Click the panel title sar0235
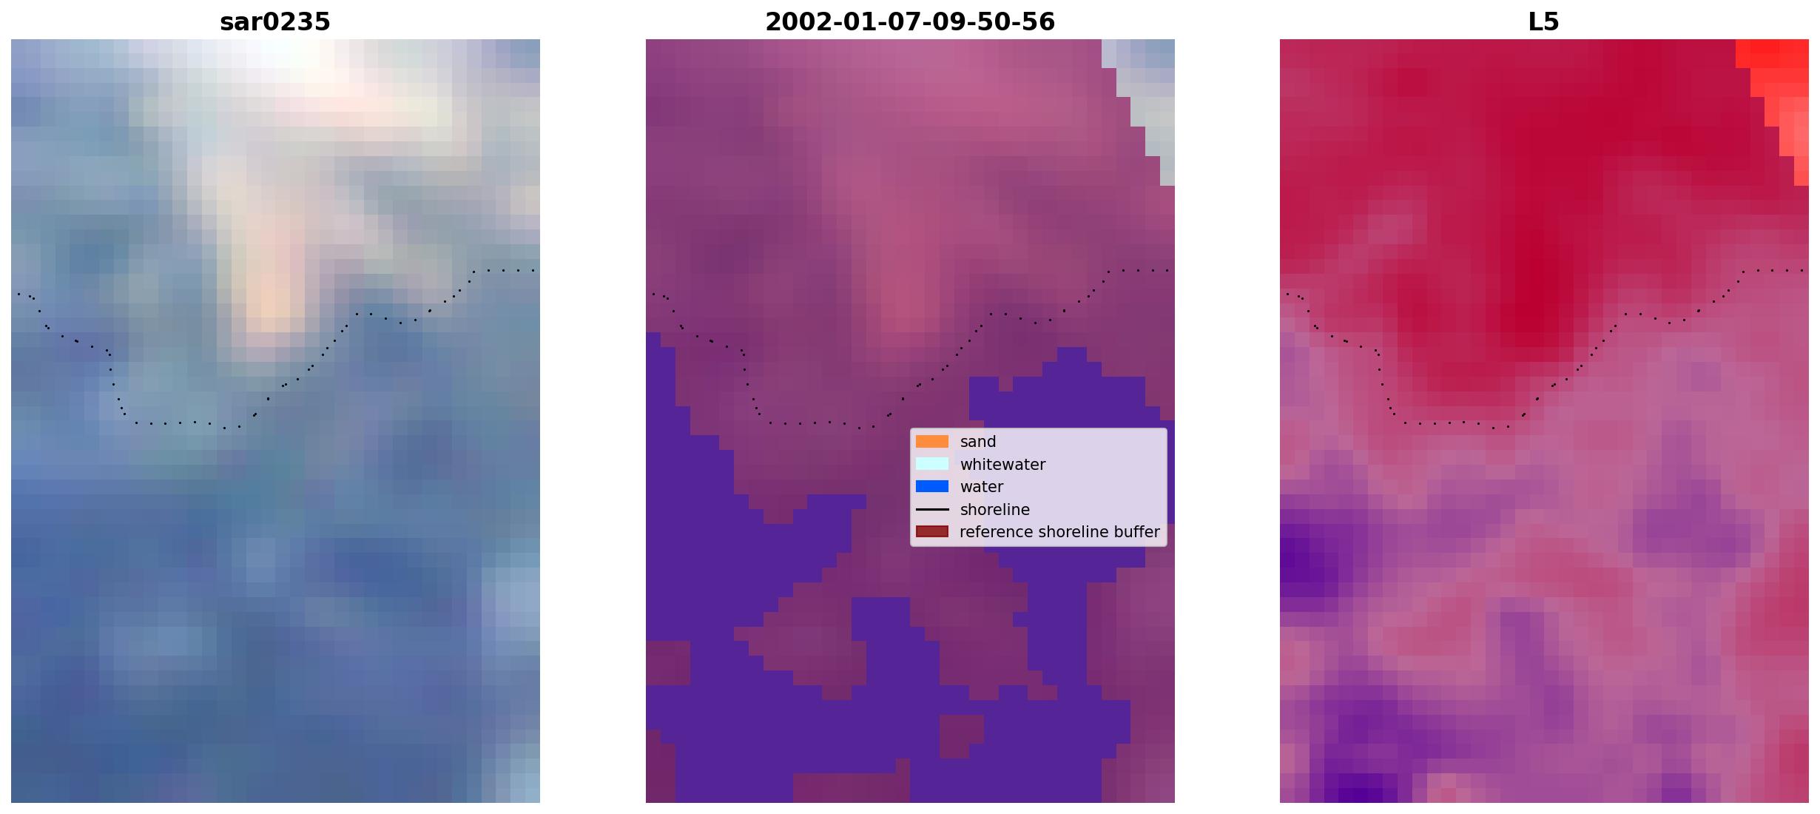coord(275,21)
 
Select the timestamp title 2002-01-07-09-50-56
coord(910,21)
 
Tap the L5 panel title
coord(1544,21)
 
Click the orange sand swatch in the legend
coord(932,442)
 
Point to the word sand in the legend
coord(978,442)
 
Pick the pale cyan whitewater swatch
coord(932,464)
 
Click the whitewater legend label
coord(1002,465)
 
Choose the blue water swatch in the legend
coord(932,487)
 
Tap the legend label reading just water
coord(982,487)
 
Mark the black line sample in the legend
coord(932,510)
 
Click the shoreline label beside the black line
coord(995,510)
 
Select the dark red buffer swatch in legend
coord(932,532)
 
